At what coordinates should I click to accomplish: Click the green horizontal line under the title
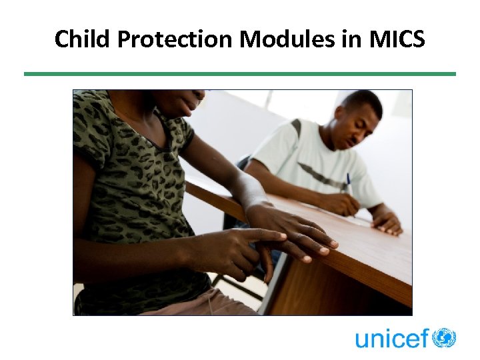coord(240,74)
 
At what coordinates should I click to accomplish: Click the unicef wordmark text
coord(392,338)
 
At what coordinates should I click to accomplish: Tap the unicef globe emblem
coord(444,337)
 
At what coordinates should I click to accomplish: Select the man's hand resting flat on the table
coord(388,222)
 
